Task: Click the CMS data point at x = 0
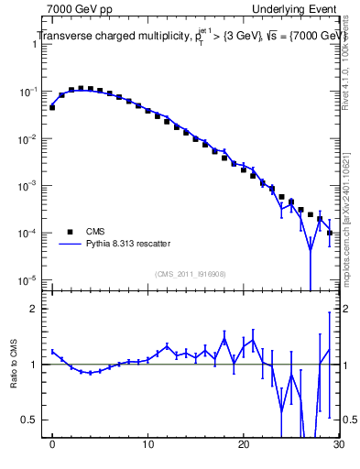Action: click(52, 107)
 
